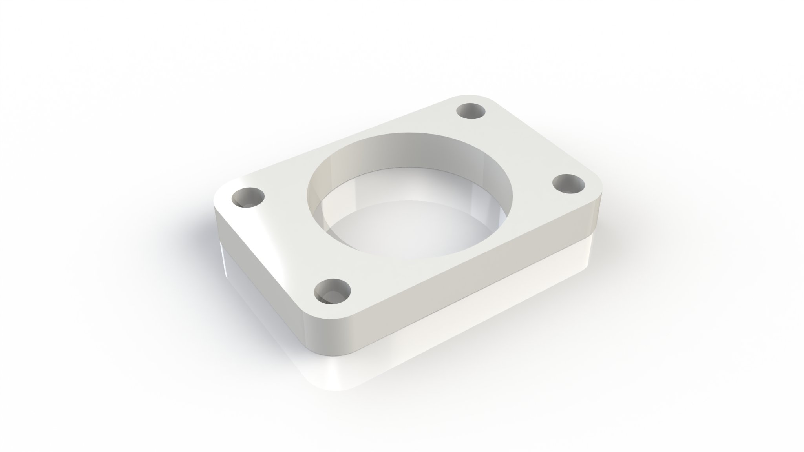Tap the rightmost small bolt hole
tap(568, 184)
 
